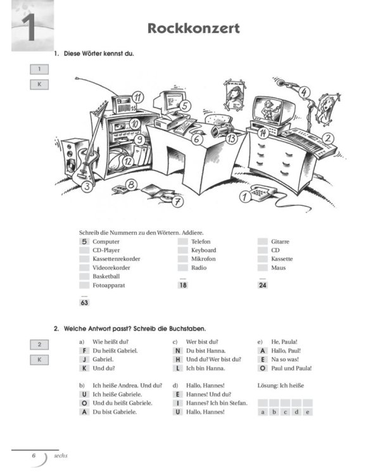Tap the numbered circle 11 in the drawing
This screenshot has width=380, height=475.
(x=137, y=98)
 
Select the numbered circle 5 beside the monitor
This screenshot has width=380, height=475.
(x=186, y=106)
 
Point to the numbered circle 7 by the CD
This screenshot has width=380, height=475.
(x=178, y=202)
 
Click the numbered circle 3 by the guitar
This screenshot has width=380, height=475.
(x=86, y=186)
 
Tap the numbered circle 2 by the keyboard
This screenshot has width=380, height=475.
(x=328, y=137)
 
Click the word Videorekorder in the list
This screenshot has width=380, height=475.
(x=111, y=268)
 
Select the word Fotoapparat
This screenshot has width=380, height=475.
(x=108, y=286)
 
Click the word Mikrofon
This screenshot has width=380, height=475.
(x=203, y=259)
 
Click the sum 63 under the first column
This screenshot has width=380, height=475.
(x=84, y=303)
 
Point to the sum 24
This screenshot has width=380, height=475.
(x=262, y=286)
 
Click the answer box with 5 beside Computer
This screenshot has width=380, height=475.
(x=84, y=242)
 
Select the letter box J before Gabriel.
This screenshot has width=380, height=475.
(x=84, y=359)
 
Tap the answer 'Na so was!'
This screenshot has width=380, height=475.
(x=284, y=359)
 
